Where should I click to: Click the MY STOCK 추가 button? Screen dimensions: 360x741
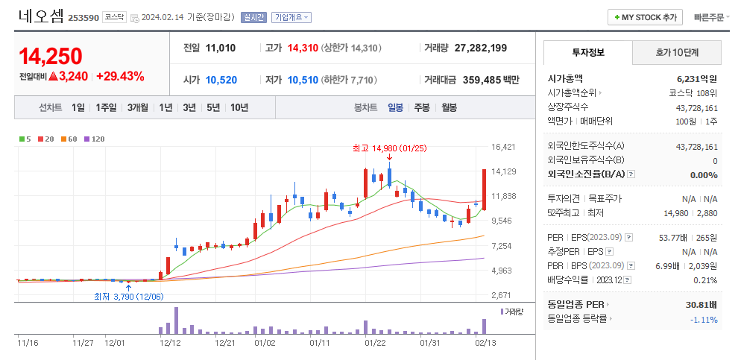coord(646,17)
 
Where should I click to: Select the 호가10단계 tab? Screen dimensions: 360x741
coord(677,52)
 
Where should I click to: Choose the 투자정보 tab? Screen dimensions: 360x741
coord(588,52)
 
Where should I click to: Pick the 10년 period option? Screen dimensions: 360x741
coord(239,107)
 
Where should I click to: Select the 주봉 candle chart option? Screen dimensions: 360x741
coord(422,107)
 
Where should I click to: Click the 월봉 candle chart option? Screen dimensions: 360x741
coord(449,107)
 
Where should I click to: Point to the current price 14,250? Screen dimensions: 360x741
coord(51,56)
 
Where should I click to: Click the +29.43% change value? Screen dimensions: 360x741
coord(120,76)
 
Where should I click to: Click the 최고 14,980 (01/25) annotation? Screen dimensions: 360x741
coord(389,148)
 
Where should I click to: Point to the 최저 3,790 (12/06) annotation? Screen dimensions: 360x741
coord(128,297)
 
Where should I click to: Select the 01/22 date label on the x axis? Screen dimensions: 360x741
coord(375,343)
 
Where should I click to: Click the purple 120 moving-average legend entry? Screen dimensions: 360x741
coord(95,139)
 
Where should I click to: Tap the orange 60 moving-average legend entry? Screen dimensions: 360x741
coord(70,139)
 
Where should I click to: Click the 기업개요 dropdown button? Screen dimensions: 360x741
coord(291,17)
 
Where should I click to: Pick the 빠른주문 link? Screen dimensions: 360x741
coord(708,17)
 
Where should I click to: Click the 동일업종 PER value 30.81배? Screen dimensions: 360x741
coord(701,304)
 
